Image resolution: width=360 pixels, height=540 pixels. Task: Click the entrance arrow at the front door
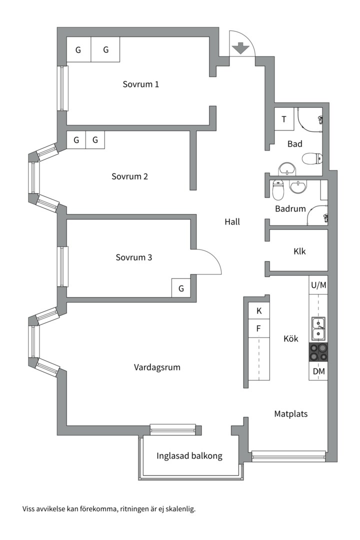coord(241,48)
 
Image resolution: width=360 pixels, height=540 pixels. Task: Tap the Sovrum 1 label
coord(141,84)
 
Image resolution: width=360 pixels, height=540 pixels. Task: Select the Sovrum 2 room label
coord(129,176)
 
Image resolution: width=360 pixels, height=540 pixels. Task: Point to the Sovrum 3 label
coord(133,258)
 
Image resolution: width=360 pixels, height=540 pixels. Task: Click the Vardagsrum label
coord(157,367)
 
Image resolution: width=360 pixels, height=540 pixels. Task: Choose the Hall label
coord(232,221)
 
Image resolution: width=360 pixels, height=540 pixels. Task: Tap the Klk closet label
coord(299,251)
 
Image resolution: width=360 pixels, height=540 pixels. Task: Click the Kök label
coord(290,338)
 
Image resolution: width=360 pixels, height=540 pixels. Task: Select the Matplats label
coord(290,414)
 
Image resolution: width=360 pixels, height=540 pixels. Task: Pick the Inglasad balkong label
coord(189,456)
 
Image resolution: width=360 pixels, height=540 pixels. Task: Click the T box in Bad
coord(284,119)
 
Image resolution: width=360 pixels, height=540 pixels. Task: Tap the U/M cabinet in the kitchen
coord(318,285)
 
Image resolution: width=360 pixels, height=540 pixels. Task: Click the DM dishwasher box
coord(318,371)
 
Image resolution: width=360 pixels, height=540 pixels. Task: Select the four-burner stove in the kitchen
coord(318,352)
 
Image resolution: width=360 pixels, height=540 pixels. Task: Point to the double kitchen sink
coord(318,327)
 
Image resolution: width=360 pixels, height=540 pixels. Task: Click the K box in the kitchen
coord(259,311)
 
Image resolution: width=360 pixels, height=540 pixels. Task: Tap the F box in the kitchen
coord(259,328)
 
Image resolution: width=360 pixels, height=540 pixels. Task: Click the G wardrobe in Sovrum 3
coord(181,288)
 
